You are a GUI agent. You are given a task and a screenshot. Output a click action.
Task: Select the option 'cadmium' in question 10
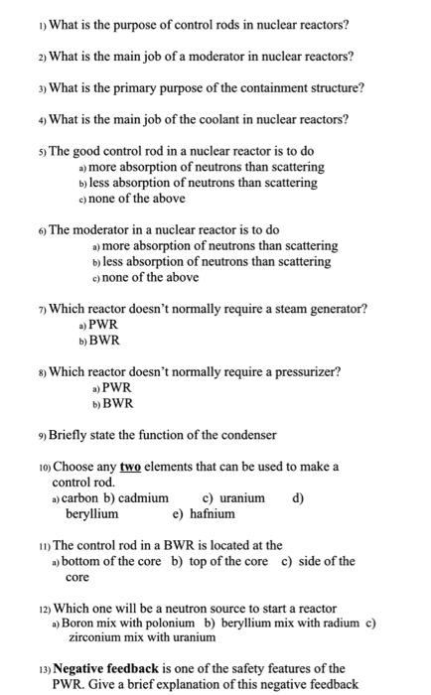143,498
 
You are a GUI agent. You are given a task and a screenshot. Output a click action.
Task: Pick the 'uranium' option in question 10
239,498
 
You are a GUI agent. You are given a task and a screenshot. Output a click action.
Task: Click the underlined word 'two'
131,467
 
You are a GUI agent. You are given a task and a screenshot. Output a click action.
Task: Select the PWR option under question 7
102,325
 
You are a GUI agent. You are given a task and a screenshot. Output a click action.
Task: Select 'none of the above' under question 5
138,199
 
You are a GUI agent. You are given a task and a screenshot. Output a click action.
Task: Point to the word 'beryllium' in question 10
91,513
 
